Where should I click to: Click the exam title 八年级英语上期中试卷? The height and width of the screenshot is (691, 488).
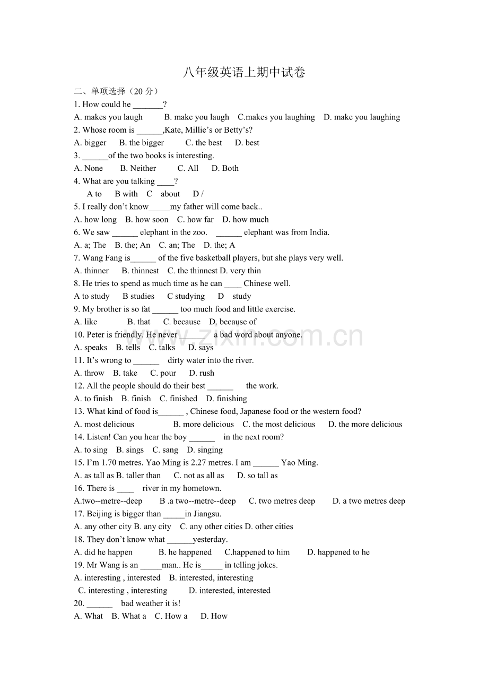(x=244, y=73)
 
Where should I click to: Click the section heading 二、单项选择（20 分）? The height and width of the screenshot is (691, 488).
(x=116, y=91)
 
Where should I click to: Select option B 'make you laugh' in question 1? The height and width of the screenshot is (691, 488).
(x=197, y=117)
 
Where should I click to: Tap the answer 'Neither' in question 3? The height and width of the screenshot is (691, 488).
(x=138, y=168)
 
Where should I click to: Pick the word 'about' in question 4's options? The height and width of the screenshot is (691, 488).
(x=170, y=194)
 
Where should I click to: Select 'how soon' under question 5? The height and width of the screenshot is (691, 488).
(x=147, y=219)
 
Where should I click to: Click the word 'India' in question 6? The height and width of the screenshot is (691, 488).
(x=318, y=232)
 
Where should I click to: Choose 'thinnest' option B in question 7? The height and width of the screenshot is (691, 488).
(x=140, y=271)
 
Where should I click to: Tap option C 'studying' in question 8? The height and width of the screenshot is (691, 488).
(x=186, y=296)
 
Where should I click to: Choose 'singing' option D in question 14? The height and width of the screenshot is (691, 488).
(x=205, y=450)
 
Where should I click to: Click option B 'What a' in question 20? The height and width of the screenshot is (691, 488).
(x=129, y=616)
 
